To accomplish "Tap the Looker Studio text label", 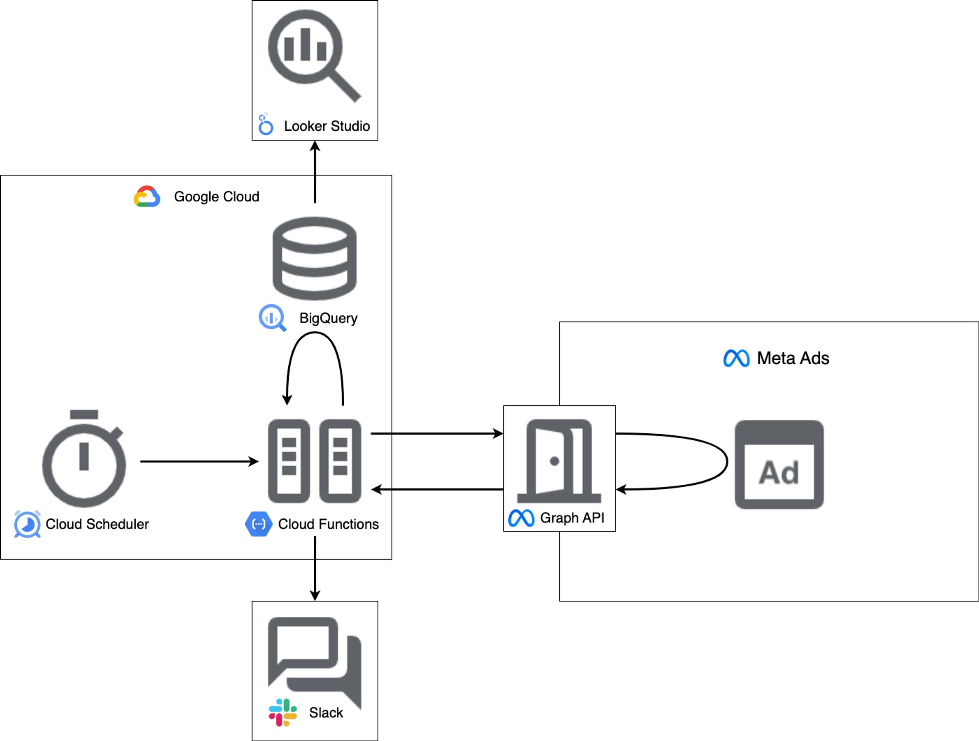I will (x=327, y=126).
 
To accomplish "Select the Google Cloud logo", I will (x=147, y=196).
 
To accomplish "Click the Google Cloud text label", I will (x=217, y=196).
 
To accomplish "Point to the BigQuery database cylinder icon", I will (x=315, y=258).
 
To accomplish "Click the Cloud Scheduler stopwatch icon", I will (x=84, y=459).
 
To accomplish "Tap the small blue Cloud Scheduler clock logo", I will (x=27, y=524).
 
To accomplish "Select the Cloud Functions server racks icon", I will (x=315, y=461).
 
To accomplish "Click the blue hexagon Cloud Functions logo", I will (x=258, y=524).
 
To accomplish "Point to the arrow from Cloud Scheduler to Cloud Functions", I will (x=199, y=461).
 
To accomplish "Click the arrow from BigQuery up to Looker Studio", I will (x=315, y=172).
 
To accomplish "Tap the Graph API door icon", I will (x=559, y=461).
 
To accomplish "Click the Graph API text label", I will (x=572, y=518).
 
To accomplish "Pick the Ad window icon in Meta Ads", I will (x=779, y=465).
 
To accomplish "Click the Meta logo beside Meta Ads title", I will (x=736, y=358).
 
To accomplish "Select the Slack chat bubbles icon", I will (x=315, y=659).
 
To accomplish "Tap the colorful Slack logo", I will (x=282, y=712).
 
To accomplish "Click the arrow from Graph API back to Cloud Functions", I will (x=438, y=489).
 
